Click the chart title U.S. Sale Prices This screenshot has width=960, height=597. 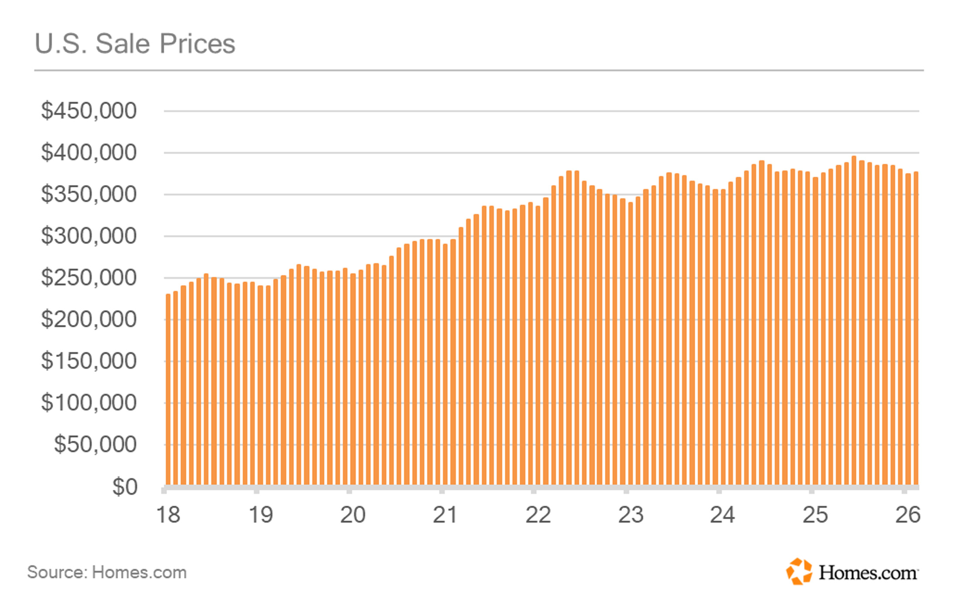135,44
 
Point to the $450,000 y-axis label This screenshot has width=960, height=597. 89,111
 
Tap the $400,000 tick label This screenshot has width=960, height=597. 89,153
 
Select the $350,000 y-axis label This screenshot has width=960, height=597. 89,194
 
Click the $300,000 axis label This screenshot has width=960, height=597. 89,236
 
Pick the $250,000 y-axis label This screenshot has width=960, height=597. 89,278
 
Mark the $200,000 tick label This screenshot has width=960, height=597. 89,319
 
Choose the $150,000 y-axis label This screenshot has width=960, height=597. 89,361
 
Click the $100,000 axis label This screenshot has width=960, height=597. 89,403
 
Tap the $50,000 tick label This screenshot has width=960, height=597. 95,444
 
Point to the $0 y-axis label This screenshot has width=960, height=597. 125,487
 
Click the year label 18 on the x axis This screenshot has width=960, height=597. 168,515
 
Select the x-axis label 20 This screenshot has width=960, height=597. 353,515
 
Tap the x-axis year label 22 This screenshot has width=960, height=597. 538,515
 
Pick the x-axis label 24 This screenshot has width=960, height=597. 723,515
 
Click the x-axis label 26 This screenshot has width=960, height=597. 908,515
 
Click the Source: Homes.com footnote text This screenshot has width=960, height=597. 107,572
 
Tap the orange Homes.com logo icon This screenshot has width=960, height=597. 799,571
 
